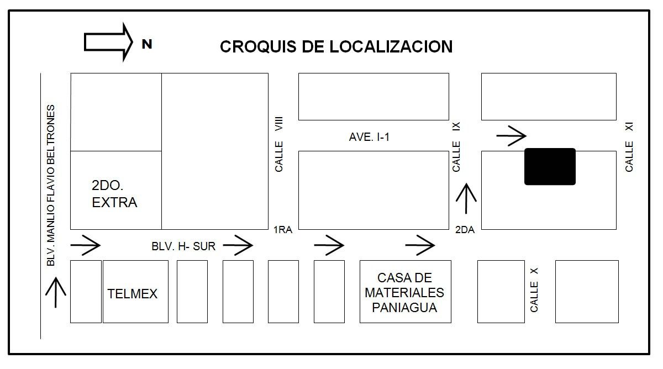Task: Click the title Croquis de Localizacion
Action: pyautogui.click(x=336, y=46)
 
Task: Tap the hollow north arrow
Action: pyautogui.click(x=108, y=41)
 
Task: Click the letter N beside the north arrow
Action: pyautogui.click(x=146, y=45)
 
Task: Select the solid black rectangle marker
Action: pyautogui.click(x=550, y=166)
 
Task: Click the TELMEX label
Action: pyautogui.click(x=132, y=293)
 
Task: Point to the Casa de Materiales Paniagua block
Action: pyautogui.click(x=405, y=292)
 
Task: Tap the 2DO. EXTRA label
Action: pyautogui.click(x=114, y=193)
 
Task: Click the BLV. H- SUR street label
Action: pyautogui.click(x=183, y=246)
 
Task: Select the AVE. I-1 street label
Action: pyautogui.click(x=369, y=137)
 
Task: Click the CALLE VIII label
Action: pyautogui.click(x=279, y=144)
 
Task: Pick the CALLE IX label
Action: pyautogui.click(x=456, y=147)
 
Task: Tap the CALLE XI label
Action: pyautogui.click(x=629, y=147)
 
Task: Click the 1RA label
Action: pyautogui.click(x=282, y=230)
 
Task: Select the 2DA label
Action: pyautogui.click(x=465, y=230)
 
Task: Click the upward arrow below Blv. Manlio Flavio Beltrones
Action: pyautogui.click(x=56, y=293)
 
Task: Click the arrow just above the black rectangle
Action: pyautogui.click(x=511, y=134)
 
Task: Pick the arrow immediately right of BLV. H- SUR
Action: pyautogui.click(x=238, y=245)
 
